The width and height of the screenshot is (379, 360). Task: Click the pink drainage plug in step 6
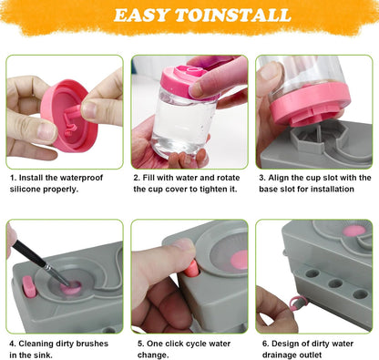click(x=293, y=303)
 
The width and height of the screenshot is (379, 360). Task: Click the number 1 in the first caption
click(x=12, y=178)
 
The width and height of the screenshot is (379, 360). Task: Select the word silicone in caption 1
click(x=27, y=190)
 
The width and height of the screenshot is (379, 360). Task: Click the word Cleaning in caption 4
click(x=39, y=344)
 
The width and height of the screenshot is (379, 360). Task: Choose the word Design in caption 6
click(x=283, y=344)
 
